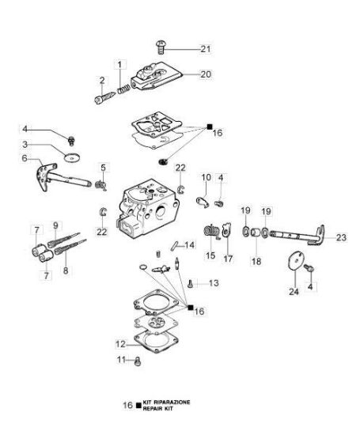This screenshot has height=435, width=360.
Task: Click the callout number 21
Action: coord(206,49)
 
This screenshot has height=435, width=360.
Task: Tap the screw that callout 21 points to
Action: coord(161,47)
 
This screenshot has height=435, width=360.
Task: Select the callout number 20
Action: coord(206,74)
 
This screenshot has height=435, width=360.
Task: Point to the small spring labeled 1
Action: coord(123,89)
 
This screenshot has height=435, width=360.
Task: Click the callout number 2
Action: coord(102,81)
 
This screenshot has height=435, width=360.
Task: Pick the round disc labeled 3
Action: coord(72,157)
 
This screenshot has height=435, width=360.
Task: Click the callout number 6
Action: coord(25,158)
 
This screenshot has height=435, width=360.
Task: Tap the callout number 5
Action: coord(104,168)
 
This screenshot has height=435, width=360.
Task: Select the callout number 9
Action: coord(55,225)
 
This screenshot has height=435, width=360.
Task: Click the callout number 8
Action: coord(66,270)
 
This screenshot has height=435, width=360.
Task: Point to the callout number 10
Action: coord(206,177)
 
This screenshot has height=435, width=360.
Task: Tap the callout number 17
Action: coord(228,259)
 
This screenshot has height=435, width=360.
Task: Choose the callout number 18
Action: coord(256,261)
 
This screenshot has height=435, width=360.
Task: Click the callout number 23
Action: coord(341,237)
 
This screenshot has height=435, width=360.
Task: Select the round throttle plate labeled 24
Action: coord(295,260)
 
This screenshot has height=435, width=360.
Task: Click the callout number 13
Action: coord(214,283)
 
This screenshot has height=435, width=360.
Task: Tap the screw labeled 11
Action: coord(138,361)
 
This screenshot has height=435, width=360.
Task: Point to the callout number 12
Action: coord(120,344)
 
